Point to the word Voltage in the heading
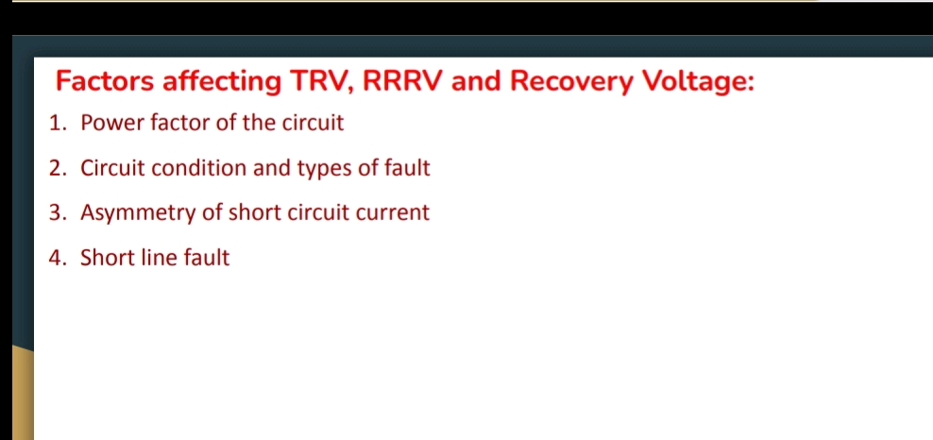697,82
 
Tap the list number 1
57,123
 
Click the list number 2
57,169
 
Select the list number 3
57,213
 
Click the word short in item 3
254,213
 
